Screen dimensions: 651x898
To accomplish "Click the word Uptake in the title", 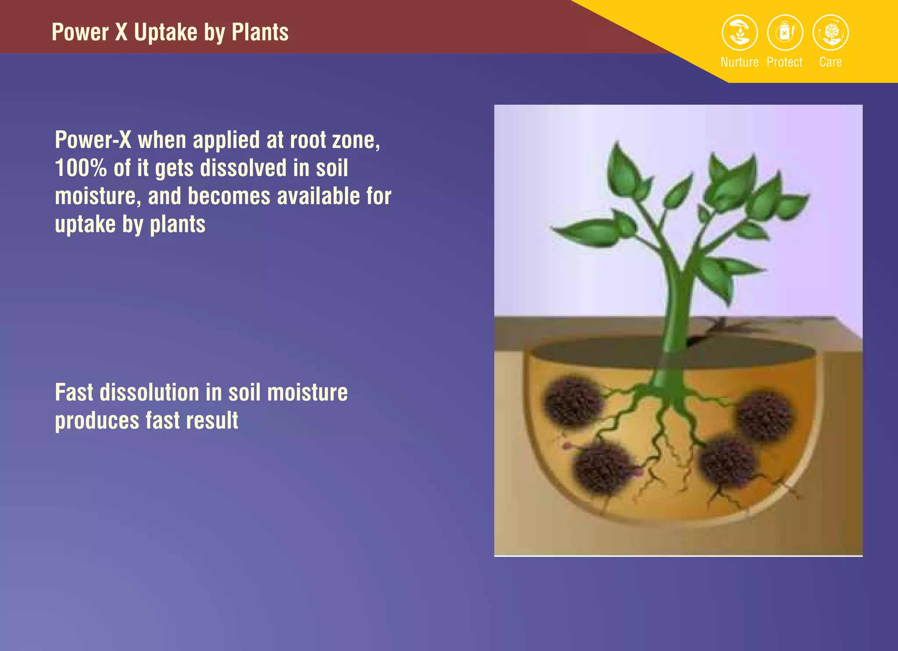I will pyautogui.click(x=166, y=32).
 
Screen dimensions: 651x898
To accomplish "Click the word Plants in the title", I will pyautogui.click(x=260, y=32).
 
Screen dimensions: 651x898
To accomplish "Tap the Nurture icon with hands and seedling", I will pyautogui.click(x=740, y=32).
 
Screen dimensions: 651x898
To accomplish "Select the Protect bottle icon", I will pyautogui.click(x=785, y=32).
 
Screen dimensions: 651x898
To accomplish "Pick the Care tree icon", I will pyautogui.click(x=830, y=32).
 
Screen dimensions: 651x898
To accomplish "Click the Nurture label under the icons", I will pyautogui.click(x=739, y=62).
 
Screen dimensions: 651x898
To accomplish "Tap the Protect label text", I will pyautogui.click(x=784, y=62).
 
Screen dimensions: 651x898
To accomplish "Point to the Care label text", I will pyautogui.click(x=830, y=62).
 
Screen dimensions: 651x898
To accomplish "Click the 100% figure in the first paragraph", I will pyautogui.click(x=81, y=168).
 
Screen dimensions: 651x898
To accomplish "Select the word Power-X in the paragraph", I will pyautogui.click(x=93, y=140).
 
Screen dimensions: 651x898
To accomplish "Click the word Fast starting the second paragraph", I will pyautogui.click(x=74, y=392).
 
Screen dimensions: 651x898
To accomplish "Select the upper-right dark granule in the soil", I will pyautogui.click(x=764, y=416).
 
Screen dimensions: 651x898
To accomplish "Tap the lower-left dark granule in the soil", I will pyautogui.click(x=603, y=468).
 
